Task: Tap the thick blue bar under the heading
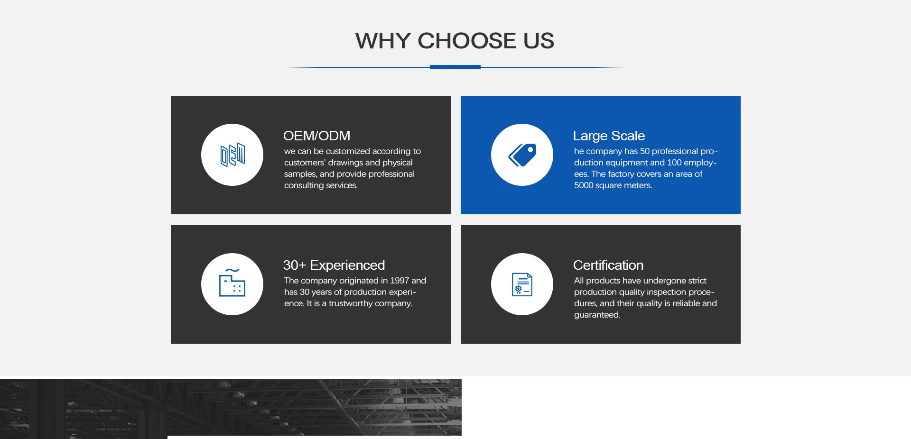tap(455, 67)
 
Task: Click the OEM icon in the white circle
tap(232, 155)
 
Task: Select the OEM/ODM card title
tap(316, 136)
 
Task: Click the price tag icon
tap(522, 155)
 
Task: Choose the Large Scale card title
tap(609, 136)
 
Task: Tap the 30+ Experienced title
tap(334, 265)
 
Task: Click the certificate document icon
tap(522, 284)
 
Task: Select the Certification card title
tap(608, 265)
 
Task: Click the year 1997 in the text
tap(400, 281)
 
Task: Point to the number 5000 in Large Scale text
tap(584, 185)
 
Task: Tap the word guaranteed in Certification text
tap(597, 315)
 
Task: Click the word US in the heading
tap(539, 41)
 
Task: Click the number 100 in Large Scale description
tap(674, 163)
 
